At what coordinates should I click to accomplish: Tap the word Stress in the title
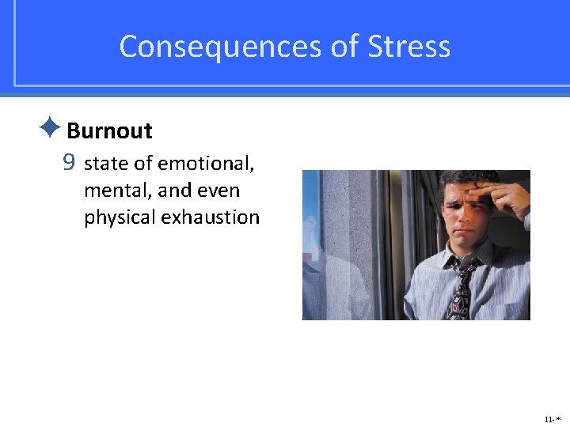[409, 47]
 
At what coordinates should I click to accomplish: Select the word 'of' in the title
[345, 47]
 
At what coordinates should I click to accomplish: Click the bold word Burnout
[109, 130]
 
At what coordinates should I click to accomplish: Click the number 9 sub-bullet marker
[69, 164]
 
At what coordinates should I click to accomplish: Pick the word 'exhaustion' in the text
[210, 217]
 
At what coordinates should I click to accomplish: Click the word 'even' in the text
[219, 191]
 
